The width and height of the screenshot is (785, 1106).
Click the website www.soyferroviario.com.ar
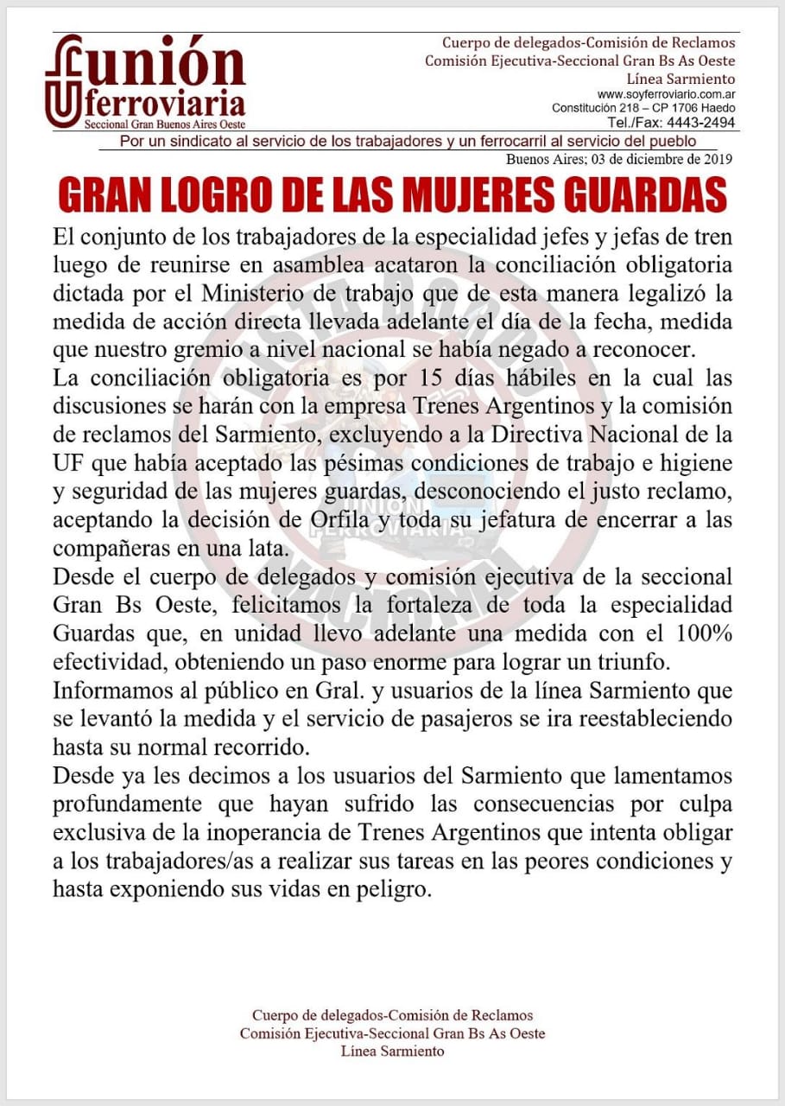point(666,94)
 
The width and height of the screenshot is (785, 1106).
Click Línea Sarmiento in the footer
point(392,1052)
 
